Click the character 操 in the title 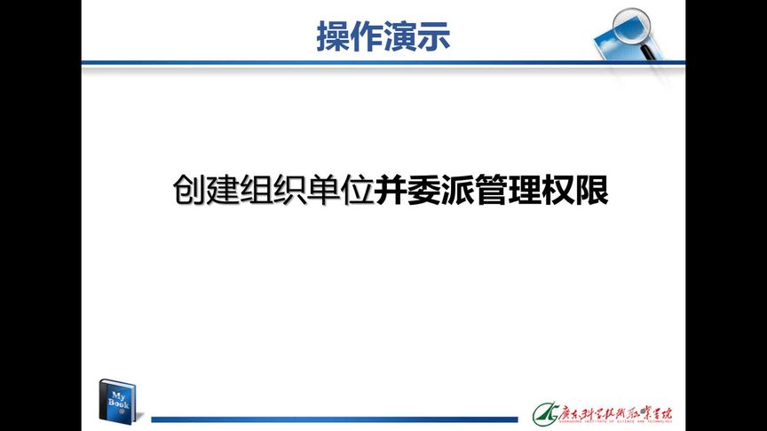pos(333,36)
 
